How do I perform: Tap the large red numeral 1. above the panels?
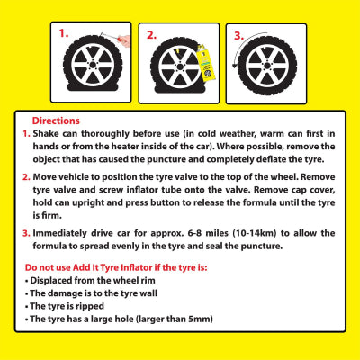(65, 33)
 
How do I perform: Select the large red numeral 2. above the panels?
(152, 33)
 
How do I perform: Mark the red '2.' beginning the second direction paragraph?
(27, 177)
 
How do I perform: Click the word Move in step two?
(46, 177)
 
